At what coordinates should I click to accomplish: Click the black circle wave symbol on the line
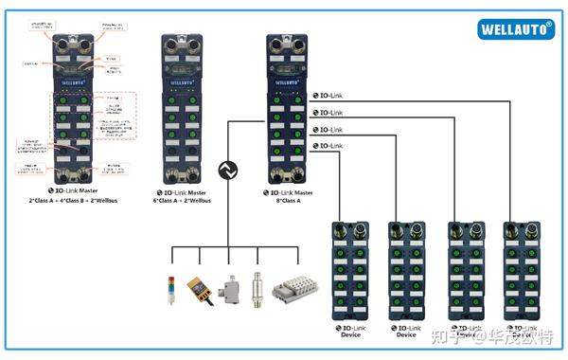(x=227, y=171)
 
